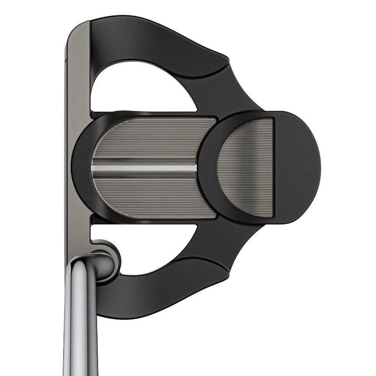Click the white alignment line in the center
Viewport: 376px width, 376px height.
(x=144, y=168)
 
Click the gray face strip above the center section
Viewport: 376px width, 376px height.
(x=78, y=79)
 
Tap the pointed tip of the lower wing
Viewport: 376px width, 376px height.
(x=226, y=276)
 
